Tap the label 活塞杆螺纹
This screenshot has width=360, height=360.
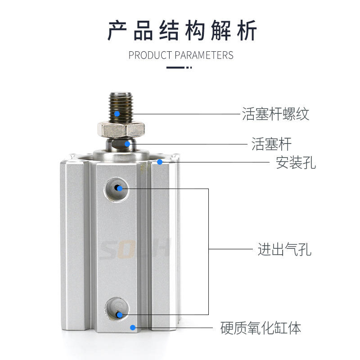pyautogui.click(x=276, y=114)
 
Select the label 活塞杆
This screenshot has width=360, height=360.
pyautogui.click(x=271, y=144)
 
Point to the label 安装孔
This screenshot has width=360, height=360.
pyautogui.click(x=296, y=162)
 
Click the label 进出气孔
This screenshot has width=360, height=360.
pyautogui.click(x=284, y=249)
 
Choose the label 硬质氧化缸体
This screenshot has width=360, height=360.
pyautogui.click(x=261, y=328)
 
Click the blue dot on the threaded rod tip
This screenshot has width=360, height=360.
pyautogui.click(x=117, y=113)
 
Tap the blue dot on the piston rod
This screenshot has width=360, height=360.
pyautogui.click(x=128, y=144)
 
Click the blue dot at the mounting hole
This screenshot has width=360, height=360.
pyautogui.click(x=160, y=162)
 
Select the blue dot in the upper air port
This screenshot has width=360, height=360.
pyautogui.click(x=119, y=188)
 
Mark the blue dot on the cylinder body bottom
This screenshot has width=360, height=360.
pyautogui.click(x=132, y=328)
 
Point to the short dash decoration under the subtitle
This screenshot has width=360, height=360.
pyautogui.click(x=179, y=68)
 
